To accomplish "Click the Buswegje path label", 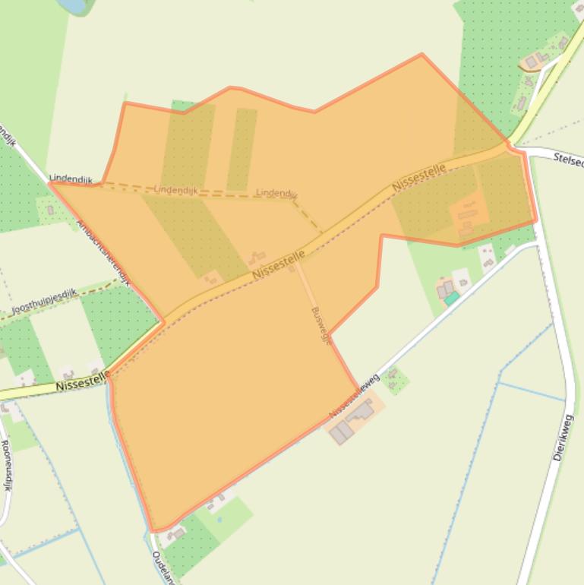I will tap(321, 326).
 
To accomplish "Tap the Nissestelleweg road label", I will tap(354, 396).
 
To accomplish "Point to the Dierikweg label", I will tap(563, 438).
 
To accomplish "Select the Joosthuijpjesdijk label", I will tap(44, 302).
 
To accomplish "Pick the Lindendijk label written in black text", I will tap(70, 179).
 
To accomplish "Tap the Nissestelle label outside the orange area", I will tap(82, 384).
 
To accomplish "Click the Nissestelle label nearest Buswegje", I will tap(279, 264).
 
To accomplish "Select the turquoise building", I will tap(452, 299).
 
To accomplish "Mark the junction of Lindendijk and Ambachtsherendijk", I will tap(51, 183).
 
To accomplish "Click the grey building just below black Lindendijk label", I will tap(50, 210).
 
